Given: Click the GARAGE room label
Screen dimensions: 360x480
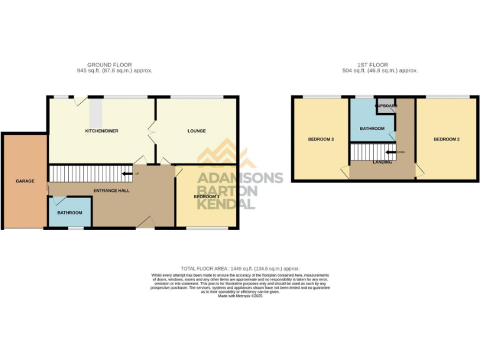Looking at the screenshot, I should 24,181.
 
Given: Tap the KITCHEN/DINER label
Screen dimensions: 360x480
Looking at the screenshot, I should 102,131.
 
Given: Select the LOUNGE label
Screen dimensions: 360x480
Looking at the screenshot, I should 196,131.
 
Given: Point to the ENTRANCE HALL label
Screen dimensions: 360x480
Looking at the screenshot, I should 111,190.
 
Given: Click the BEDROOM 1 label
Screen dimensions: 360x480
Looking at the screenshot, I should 206,197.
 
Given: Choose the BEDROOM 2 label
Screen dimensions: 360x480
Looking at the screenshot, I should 447,139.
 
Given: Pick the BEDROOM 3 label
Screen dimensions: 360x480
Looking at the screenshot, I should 319,139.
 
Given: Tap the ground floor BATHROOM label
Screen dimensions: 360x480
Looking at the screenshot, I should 70,212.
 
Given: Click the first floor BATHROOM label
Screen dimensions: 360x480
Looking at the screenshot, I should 372,128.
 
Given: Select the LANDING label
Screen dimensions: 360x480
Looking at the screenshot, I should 382,162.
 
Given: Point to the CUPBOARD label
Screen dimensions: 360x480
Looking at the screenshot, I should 386,106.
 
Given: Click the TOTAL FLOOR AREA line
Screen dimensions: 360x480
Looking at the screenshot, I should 240,267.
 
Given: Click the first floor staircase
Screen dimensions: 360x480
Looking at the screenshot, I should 367,151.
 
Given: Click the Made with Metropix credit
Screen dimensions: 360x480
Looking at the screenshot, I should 240,296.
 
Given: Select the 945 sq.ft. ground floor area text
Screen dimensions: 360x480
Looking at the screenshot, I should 111,71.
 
